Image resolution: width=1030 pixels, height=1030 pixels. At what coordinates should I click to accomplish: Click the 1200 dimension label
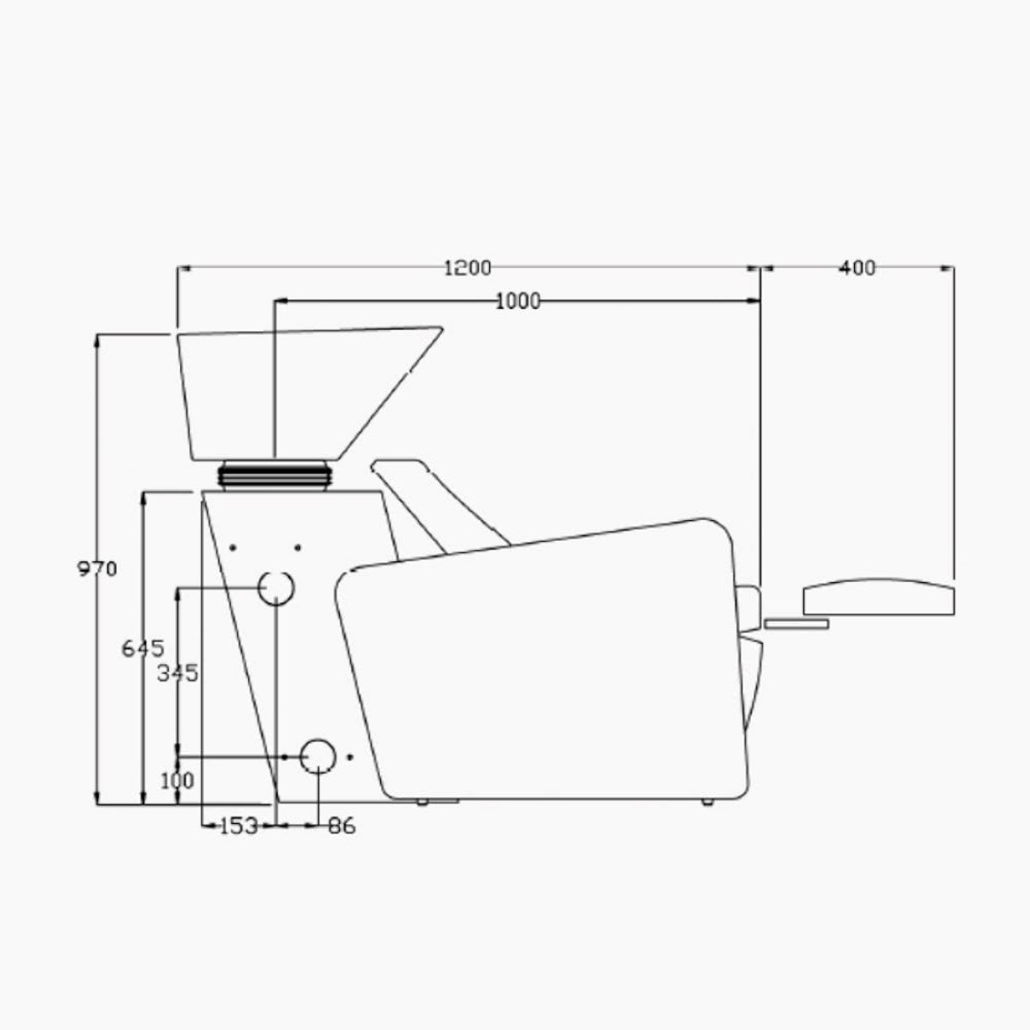tap(467, 268)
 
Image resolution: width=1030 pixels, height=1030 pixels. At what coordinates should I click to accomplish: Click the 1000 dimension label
tap(518, 302)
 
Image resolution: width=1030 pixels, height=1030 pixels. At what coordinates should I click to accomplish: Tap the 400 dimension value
tap(857, 268)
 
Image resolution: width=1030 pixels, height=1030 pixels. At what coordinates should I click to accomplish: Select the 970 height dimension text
tap(97, 569)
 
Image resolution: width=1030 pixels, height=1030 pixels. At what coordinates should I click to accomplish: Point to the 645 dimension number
tap(142, 649)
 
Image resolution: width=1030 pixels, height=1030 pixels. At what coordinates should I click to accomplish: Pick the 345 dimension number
tap(178, 674)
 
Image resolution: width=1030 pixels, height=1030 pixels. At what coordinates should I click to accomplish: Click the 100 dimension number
tap(177, 781)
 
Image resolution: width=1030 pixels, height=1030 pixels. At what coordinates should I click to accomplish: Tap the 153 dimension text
tap(239, 826)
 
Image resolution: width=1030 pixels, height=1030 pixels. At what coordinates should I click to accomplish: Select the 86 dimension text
tap(342, 826)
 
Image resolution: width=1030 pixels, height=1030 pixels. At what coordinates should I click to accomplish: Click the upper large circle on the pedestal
tap(276, 572)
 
